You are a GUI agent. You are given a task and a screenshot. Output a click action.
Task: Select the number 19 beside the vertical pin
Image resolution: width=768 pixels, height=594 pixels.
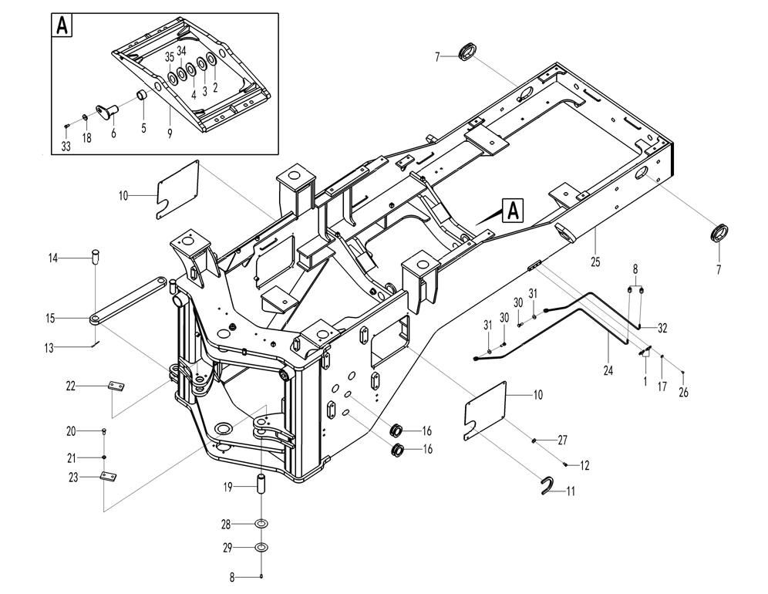[x=228, y=487]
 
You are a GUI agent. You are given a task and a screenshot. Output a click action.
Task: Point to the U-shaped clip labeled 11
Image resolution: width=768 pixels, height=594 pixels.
[x=548, y=485]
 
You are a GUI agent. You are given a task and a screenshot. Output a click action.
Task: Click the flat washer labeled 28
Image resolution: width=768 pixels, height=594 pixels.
[x=262, y=525]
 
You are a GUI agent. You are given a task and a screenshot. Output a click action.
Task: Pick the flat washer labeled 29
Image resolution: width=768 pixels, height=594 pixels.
[x=262, y=548]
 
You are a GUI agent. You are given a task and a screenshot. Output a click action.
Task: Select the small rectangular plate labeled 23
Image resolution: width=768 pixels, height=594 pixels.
[x=109, y=478]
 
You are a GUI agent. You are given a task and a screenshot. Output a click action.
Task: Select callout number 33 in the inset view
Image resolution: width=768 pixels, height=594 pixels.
[x=66, y=147]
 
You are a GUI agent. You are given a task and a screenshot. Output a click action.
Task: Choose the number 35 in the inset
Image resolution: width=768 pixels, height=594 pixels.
[x=170, y=56]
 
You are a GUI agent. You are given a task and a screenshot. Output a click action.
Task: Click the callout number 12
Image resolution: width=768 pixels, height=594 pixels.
[x=584, y=465]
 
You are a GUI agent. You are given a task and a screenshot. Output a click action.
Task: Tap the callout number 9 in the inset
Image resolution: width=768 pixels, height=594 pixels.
[x=170, y=132]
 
